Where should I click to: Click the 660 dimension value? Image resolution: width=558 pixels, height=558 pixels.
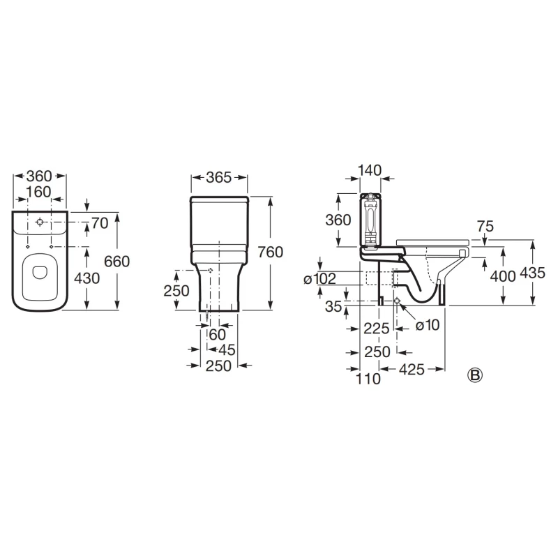[116, 262]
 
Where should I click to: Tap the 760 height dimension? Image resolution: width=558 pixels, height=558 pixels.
[271, 252]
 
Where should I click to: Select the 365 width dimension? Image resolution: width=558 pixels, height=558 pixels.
[219, 177]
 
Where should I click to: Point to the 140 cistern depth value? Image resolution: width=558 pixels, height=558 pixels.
[370, 170]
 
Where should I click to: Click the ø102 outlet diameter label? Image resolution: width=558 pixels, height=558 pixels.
[319, 279]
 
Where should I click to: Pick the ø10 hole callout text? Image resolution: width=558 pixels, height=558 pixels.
[428, 325]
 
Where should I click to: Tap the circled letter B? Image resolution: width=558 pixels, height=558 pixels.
[475, 375]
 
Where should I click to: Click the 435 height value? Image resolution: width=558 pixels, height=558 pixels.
[532, 273]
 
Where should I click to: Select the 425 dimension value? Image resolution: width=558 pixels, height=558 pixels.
[412, 370]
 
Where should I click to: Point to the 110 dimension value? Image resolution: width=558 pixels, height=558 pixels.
[368, 379]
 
